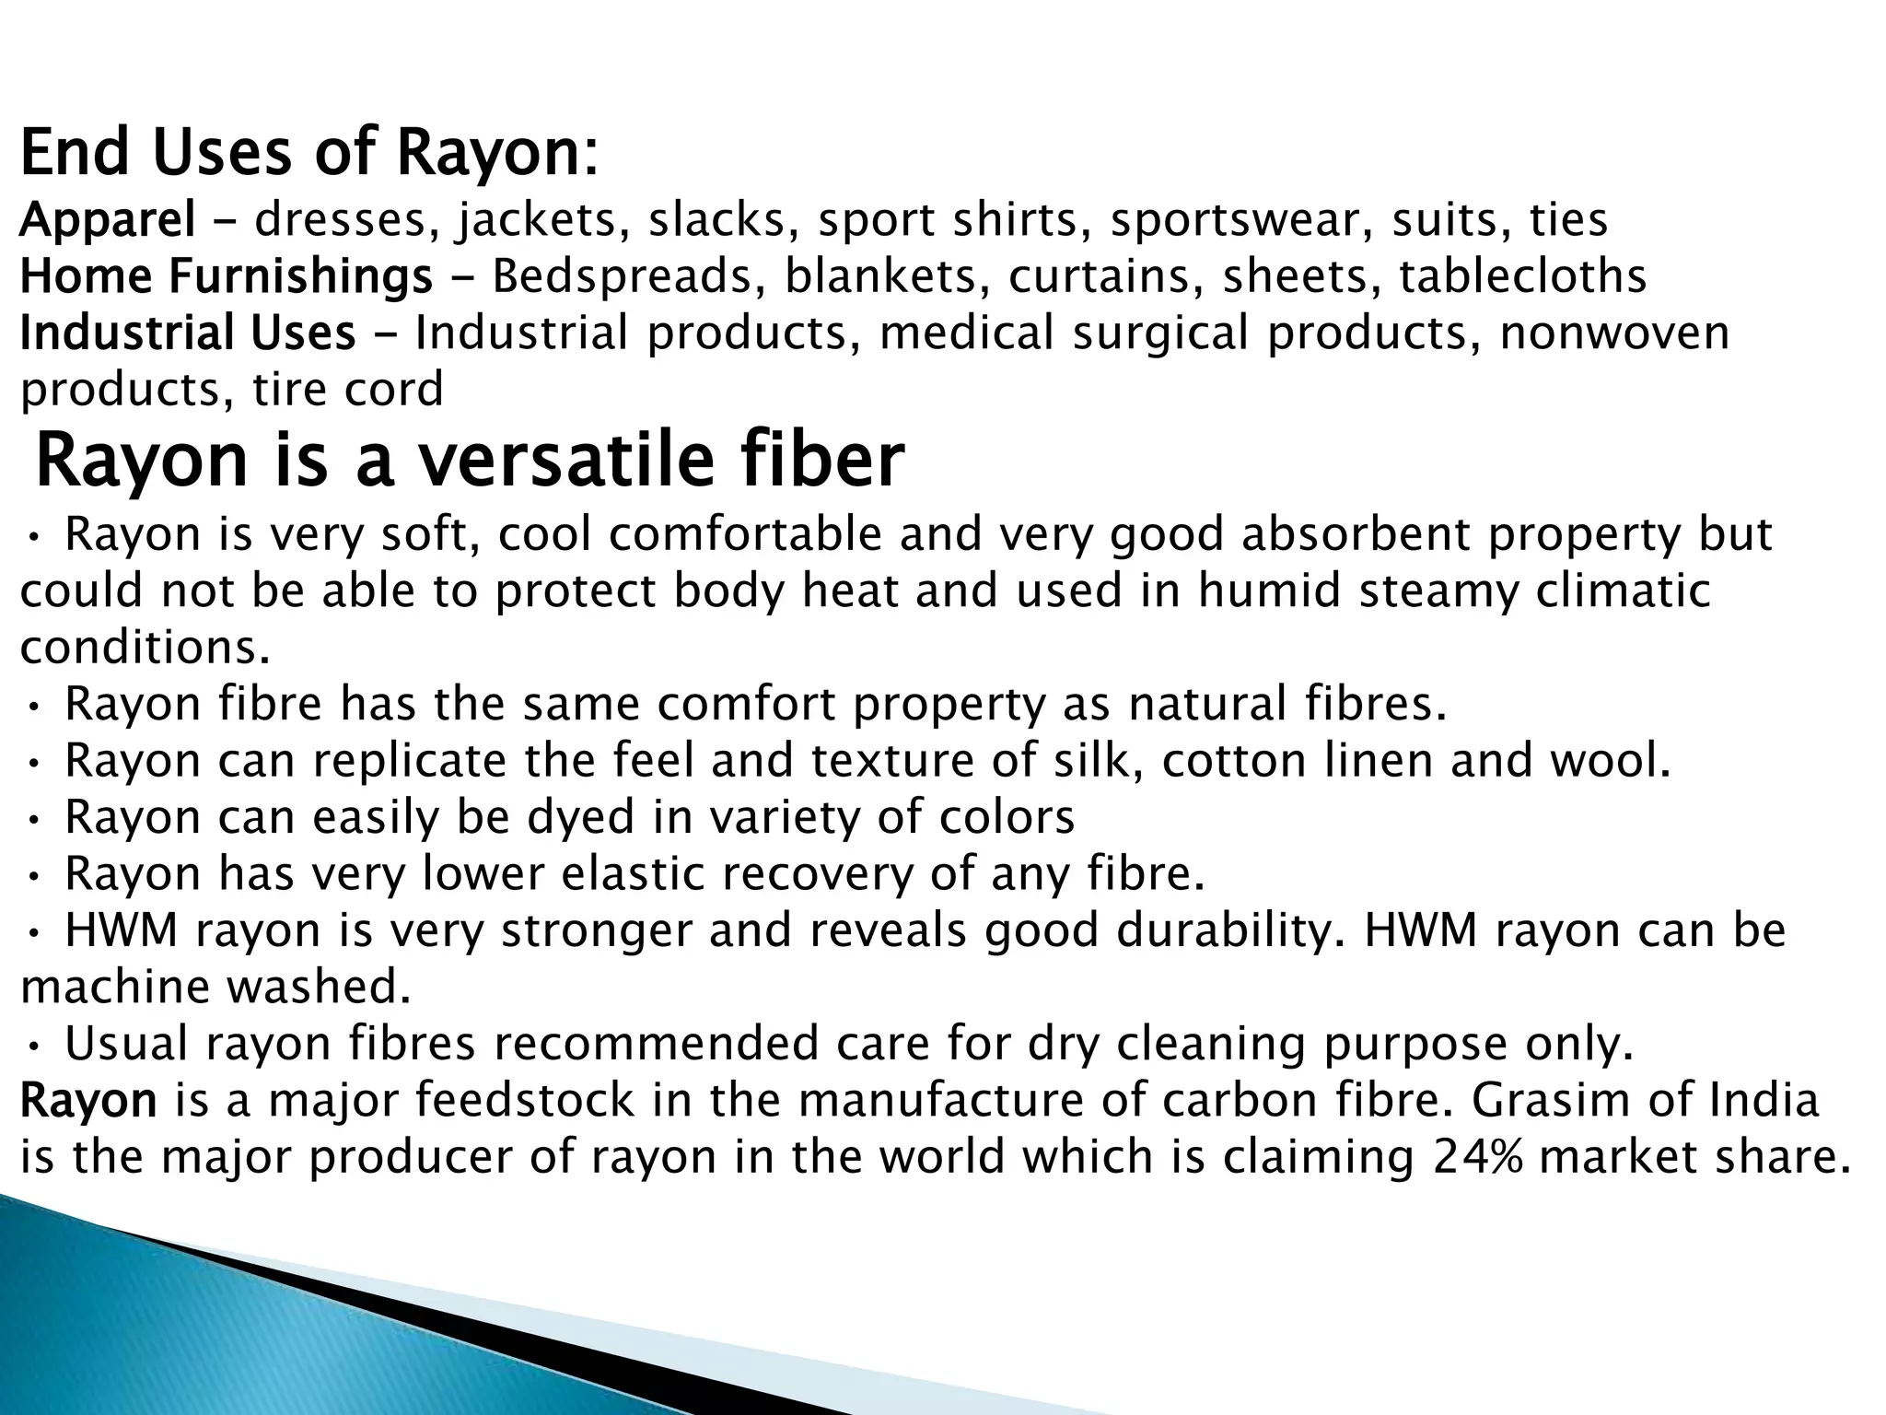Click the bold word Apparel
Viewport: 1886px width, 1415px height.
tap(107, 221)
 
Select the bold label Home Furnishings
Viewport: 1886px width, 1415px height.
tap(226, 277)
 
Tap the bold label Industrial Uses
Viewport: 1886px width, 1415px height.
tap(188, 333)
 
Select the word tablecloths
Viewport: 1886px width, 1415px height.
tap(1522, 277)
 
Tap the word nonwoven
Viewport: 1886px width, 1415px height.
tap(1614, 333)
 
